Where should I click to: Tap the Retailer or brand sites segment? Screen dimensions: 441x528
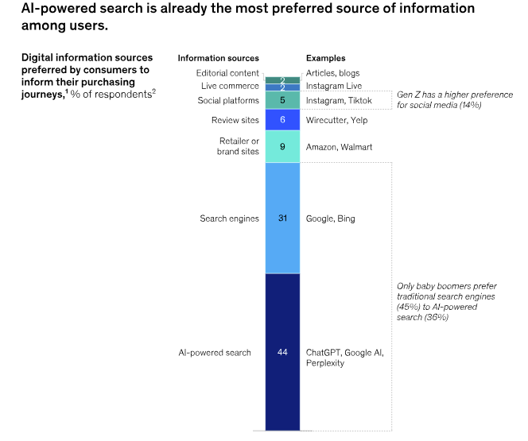pyautogui.click(x=282, y=147)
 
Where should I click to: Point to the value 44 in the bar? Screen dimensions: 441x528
pyautogui.click(x=282, y=352)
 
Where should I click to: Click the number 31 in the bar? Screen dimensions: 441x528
pyautogui.click(x=282, y=219)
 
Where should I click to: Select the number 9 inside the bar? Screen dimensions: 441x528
pyautogui.click(x=282, y=147)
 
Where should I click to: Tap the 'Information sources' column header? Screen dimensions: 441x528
pyautogui.click(x=218, y=58)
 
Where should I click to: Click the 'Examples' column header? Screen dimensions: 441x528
pyautogui.click(x=326, y=58)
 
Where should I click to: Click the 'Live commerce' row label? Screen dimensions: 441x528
pyautogui.click(x=230, y=86)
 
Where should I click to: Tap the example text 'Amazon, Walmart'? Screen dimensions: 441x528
pyautogui.click(x=339, y=147)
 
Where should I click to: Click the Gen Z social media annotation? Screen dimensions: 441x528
pyautogui.click(x=450, y=99)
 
